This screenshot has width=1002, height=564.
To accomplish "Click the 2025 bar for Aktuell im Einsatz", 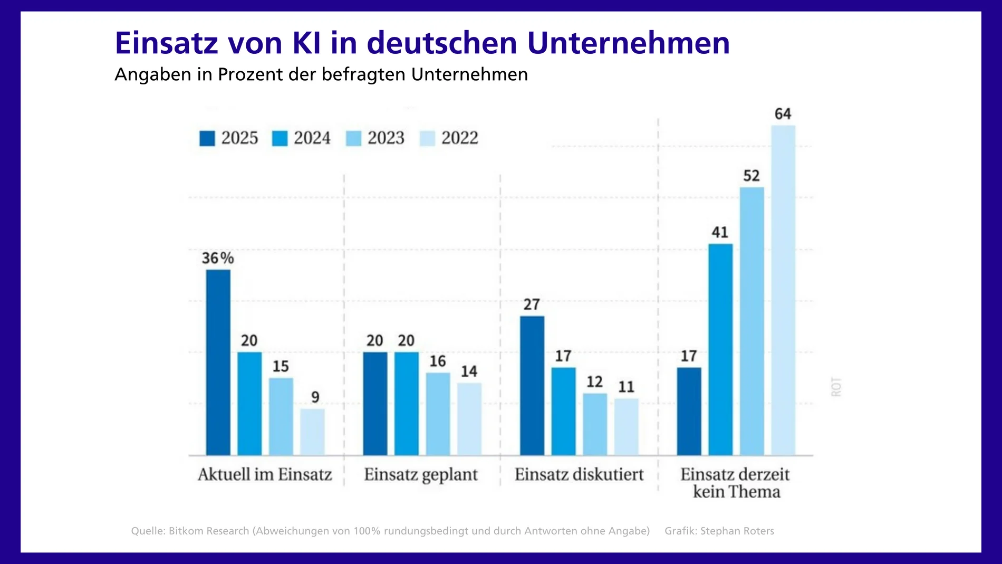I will [218, 362].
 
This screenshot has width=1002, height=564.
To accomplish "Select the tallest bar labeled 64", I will [783, 290].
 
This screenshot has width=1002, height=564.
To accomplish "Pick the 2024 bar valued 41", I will [720, 349].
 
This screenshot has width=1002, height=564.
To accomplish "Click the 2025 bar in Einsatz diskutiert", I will [532, 386].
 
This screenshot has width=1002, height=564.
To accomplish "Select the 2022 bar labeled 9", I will [312, 432].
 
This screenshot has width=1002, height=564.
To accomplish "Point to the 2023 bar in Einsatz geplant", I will [438, 414].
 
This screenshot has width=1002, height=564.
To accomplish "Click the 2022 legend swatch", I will [427, 138].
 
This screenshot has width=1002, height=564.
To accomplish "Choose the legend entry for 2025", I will [229, 138].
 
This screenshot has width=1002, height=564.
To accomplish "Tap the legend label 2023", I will [386, 138].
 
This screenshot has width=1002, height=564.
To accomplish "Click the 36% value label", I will [217, 258].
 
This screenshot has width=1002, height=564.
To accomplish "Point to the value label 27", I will [532, 304].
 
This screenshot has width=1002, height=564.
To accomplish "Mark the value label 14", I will [469, 371].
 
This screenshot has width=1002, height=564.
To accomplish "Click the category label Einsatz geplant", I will [420, 474].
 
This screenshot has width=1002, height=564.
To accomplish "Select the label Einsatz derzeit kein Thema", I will [735, 483].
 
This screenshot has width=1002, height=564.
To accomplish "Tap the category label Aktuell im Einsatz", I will [265, 474].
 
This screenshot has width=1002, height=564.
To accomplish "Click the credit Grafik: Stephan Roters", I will [719, 531].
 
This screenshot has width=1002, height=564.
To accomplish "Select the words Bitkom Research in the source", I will [209, 531].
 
